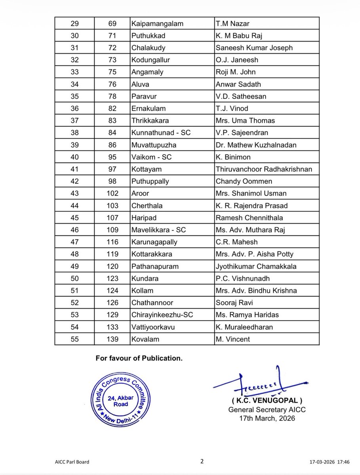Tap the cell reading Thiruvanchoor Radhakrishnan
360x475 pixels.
coord(264,169)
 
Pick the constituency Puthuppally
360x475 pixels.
coord(150,181)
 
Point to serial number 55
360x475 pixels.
coord(74,339)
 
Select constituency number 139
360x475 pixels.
coord(112,339)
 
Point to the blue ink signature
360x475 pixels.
coord(262,384)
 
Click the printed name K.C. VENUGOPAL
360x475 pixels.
coord(261,402)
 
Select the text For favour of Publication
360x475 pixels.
coord(139,359)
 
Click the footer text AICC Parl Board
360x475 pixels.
coord(72,462)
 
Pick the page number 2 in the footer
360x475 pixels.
coord(202,461)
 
